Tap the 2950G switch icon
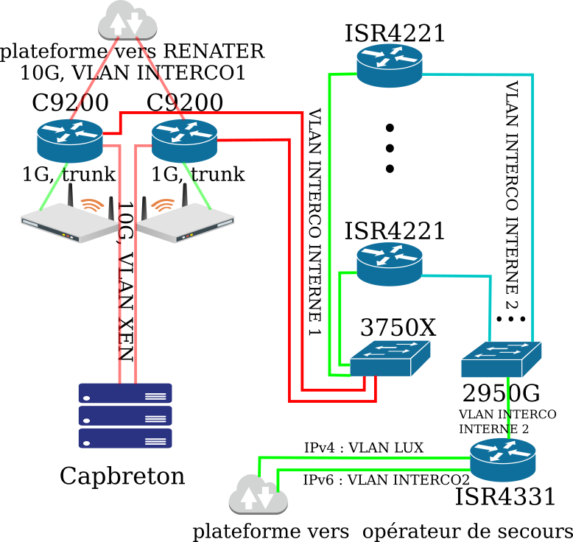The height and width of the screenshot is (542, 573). [x=502, y=359]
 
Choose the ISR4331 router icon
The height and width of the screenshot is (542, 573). [x=504, y=460]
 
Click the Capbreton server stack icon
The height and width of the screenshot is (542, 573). [x=125, y=415]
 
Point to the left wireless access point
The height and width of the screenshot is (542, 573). [x=68, y=219]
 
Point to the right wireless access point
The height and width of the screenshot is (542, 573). [x=184, y=219]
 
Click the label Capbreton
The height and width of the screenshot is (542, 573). [x=122, y=476]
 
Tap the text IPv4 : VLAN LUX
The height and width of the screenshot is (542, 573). [x=364, y=448]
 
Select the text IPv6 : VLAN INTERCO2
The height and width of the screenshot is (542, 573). [x=387, y=480]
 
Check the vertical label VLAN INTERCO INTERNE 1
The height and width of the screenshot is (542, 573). [x=314, y=221]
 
